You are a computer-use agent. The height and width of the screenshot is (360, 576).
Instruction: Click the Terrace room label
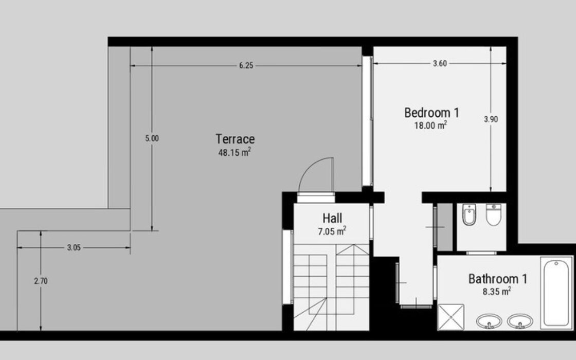point(235,139)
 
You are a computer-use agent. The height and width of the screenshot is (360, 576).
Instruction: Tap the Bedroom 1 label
point(431,113)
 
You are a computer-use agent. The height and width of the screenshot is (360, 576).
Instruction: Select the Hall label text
point(332,218)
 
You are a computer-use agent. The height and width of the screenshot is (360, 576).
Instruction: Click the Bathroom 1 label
point(498,279)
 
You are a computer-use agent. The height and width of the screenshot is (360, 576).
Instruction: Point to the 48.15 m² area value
point(235,152)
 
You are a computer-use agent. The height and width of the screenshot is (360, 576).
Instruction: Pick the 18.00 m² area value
point(430,125)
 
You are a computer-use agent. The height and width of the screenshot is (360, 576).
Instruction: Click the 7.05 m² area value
point(332,231)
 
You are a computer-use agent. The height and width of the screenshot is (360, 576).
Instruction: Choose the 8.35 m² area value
point(497,292)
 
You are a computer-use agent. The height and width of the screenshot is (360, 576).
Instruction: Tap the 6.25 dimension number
point(246,65)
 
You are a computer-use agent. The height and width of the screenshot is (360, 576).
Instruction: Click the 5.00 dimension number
point(152,138)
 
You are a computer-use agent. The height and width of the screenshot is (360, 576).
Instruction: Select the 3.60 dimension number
point(440,63)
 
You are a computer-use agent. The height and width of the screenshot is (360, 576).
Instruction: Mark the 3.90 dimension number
point(491,119)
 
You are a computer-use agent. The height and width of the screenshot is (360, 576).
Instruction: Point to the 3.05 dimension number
point(74,247)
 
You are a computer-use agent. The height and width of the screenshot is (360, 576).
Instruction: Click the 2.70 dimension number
point(41,281)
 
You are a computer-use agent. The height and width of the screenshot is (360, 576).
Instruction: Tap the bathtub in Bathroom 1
point(556,293)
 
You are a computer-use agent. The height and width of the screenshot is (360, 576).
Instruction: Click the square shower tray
point(451,317)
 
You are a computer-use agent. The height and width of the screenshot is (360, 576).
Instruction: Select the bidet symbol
point(469,214)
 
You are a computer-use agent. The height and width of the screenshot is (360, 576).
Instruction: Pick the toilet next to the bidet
point(493,214)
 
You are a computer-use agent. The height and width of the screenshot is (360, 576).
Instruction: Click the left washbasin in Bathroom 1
point(489,321)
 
